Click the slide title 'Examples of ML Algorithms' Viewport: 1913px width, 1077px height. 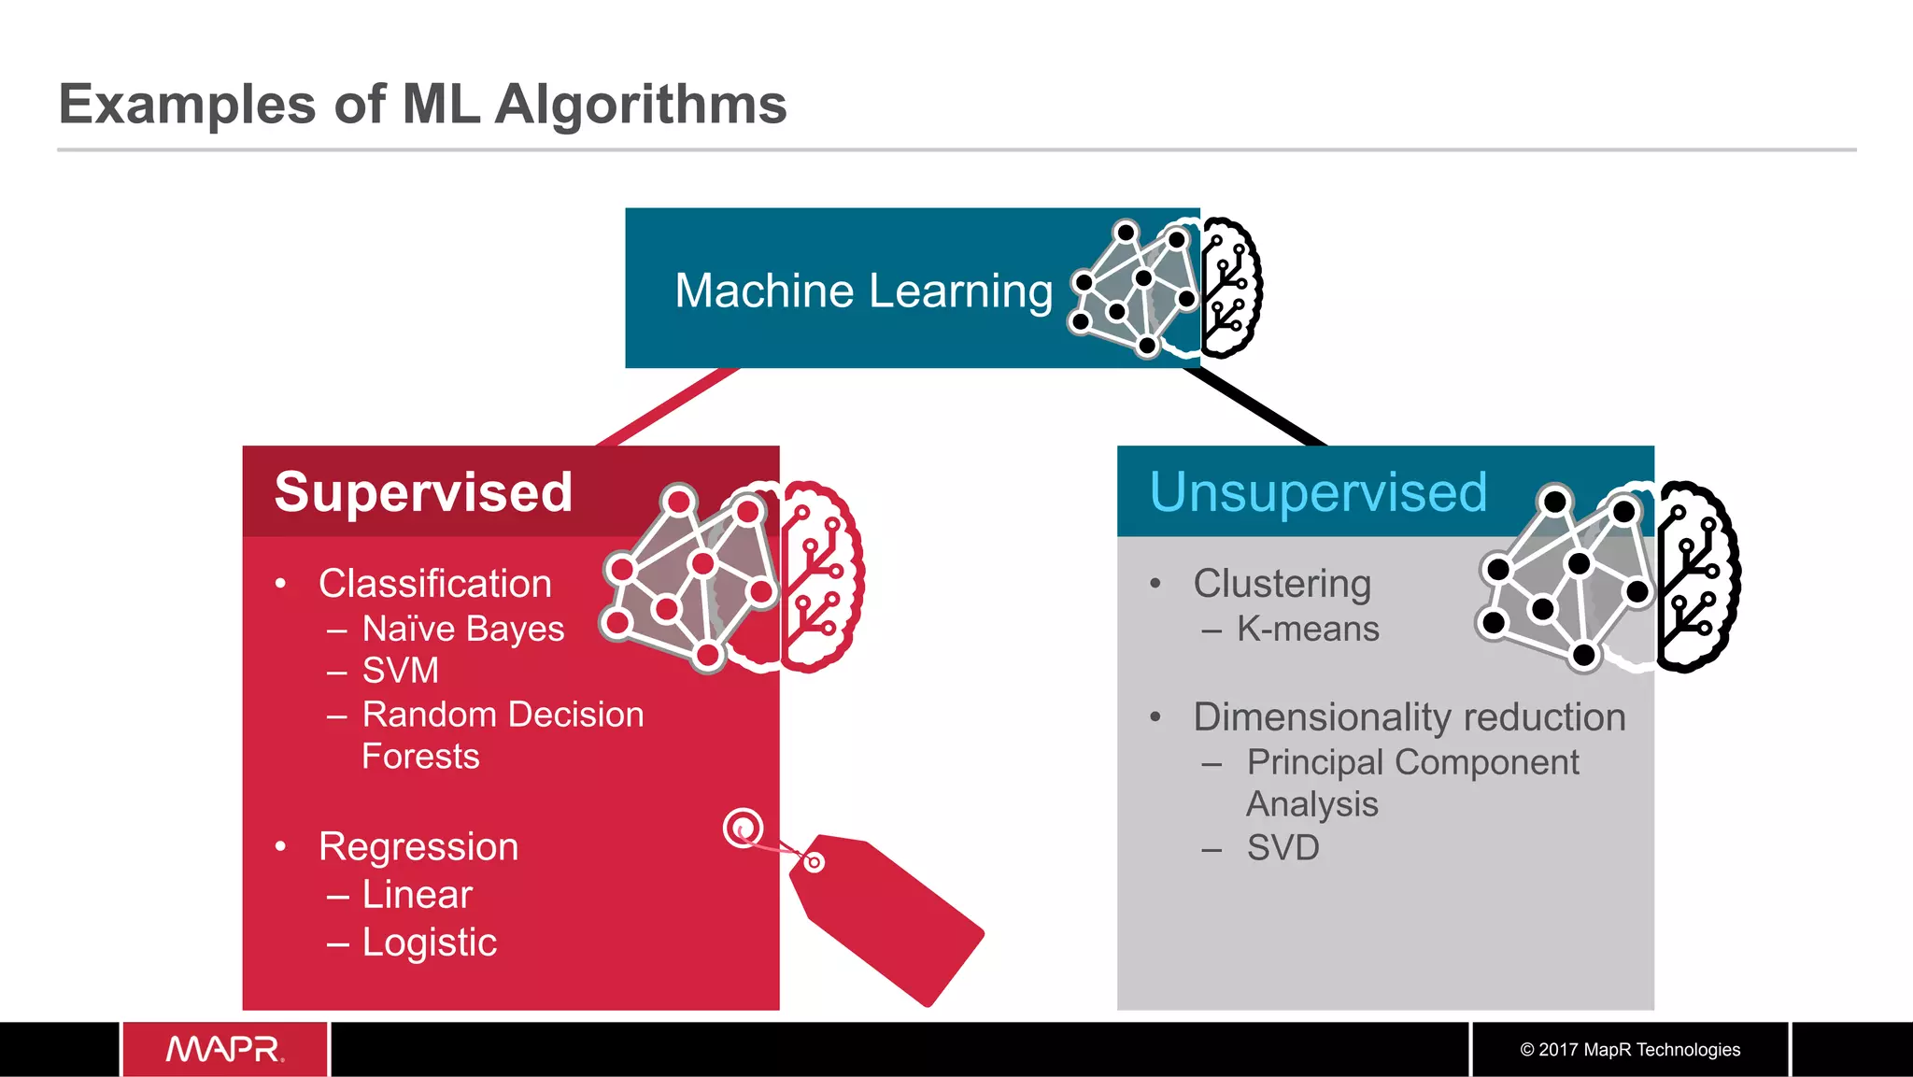(x=422, y=104)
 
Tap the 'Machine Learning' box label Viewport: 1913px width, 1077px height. (x=863, y=291)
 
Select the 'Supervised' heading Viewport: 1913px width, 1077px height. (x=423, y=492)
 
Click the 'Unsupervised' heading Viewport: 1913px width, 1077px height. (x=1318, y=492)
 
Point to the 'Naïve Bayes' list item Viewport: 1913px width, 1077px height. (x=463, y=629)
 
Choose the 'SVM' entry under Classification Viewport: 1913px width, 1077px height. (x=400, y=671)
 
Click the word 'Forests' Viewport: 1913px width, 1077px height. (x=420, y=757)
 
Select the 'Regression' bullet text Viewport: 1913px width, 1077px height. (x=418, y=847)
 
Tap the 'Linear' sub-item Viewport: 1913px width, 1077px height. (x=417, y=895)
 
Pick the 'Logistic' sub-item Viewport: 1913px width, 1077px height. (x=430, y=942)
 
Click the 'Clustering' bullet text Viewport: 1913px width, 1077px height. (x=1282, y=584)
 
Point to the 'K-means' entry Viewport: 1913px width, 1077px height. (x=1308, y=629)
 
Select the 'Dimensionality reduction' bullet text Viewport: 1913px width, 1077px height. (x=1410, y=717)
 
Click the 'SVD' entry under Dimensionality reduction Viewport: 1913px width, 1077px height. (x=1282, y=848)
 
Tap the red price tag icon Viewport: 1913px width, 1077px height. (x=887, y=915)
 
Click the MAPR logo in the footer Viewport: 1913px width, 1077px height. (x=225, y=1049)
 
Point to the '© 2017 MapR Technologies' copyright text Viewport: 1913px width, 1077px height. (x=1630, y=1050)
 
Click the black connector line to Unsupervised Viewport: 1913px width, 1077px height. (x=1255, y=407)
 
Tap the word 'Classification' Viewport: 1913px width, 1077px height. (x=435, y=584)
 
